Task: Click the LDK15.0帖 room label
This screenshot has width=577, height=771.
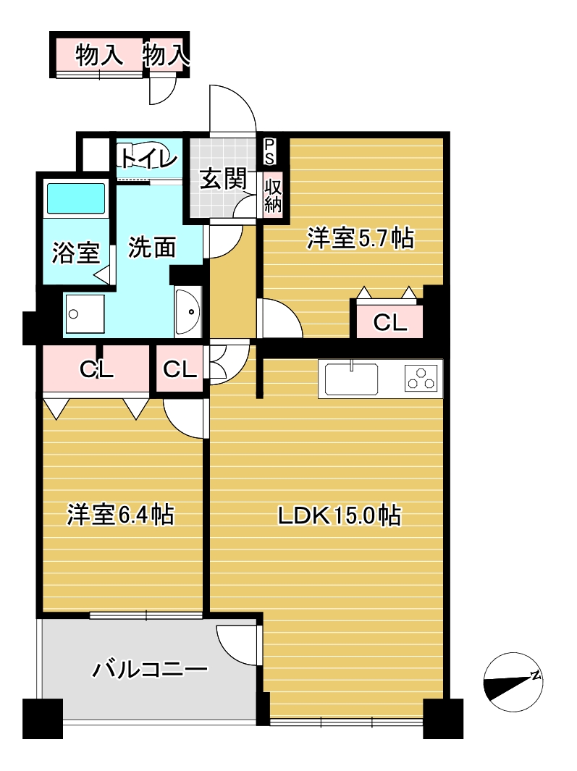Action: click(340, 515)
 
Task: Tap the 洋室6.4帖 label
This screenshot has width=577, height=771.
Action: click(120, 514)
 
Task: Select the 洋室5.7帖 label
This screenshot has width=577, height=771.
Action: click(361, 238)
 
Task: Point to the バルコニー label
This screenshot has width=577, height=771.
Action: click(150, 669)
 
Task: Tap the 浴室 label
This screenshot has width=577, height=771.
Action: click(76, 252)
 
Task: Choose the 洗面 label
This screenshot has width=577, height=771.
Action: click(152, 247)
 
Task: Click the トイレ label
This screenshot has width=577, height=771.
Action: click(146, 159)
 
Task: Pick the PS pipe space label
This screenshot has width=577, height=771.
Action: click(269, 151)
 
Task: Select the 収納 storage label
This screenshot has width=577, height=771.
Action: click(273, 195)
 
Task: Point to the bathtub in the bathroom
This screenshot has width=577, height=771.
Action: click(75, 198)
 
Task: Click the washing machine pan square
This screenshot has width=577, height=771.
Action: click(84, 313)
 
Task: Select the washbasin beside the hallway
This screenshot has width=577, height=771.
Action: click(188, 312)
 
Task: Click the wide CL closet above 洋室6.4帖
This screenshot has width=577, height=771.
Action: click(96, 368)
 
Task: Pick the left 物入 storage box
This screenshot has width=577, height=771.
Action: click(99, 54)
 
